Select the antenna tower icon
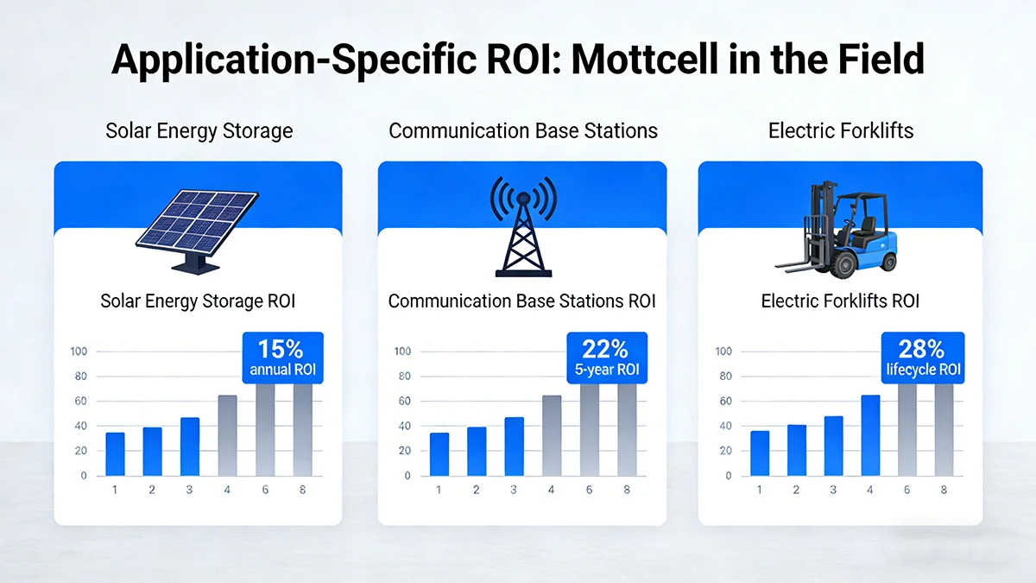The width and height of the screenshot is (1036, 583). coord(521,226)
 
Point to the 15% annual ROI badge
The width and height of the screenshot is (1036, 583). coord(281,357)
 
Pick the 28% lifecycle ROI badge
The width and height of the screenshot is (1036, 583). coord(923,357)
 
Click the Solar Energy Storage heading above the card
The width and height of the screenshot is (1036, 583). coord(199,131)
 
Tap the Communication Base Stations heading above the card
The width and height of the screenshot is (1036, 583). coord(522,131)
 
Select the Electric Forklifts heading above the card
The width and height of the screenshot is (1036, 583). coord(840,131)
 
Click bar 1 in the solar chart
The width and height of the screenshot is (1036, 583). coord(115,454)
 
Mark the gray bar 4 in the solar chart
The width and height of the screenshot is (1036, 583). coord(227,435)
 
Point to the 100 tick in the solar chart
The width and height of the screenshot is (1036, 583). coord(79,352)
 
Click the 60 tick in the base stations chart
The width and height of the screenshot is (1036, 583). coord(403,402)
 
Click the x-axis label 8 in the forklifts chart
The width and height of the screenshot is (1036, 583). coord(943,490)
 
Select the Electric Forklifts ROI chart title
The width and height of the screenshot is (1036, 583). coord(840,301)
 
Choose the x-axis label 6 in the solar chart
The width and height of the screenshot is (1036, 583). coord(264,490)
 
